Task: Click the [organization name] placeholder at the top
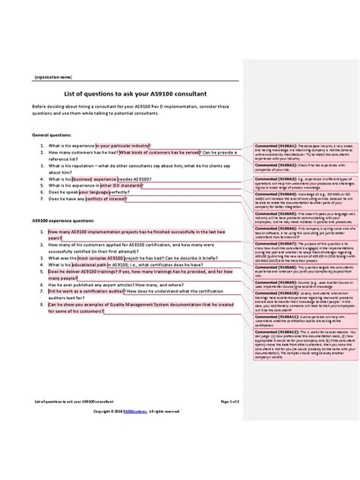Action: point(52,77)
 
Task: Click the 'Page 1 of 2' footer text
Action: point(229,399)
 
